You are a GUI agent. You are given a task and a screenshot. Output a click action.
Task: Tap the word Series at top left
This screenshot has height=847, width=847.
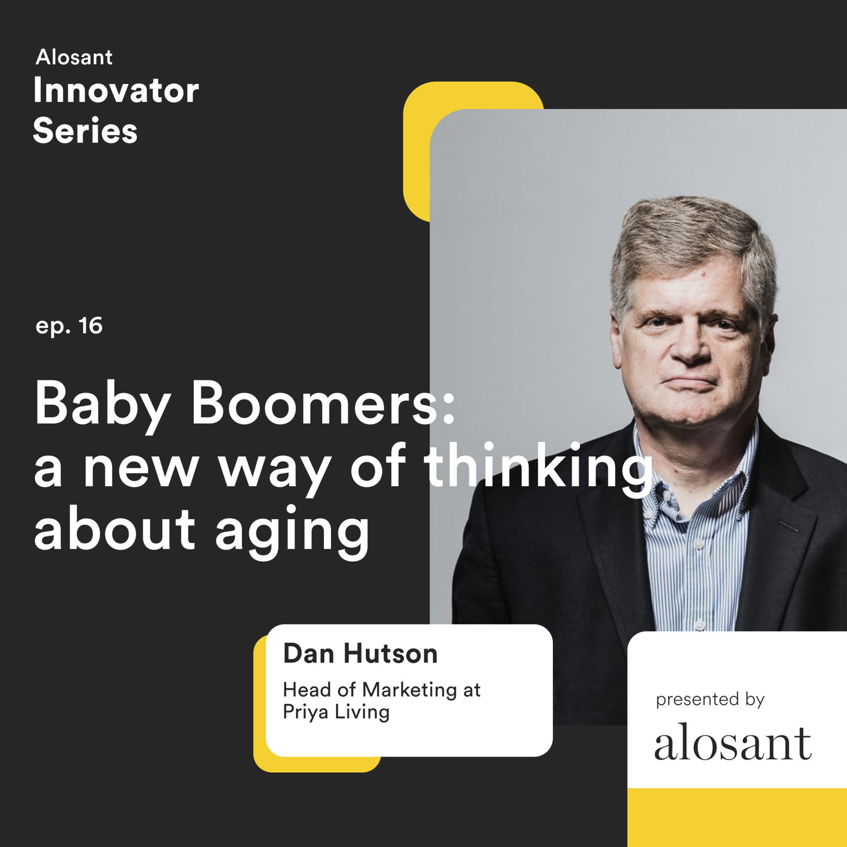tap(85, 130)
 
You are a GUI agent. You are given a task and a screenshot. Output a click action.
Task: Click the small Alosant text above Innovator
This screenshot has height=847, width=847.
tap(74, 57)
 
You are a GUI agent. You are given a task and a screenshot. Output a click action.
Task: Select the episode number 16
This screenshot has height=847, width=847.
tap(91, 326)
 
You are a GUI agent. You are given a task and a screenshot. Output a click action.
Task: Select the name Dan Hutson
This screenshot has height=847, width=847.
tap(361, 653)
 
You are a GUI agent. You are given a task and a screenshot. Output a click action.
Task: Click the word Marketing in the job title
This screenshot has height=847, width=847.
tap(409, 690)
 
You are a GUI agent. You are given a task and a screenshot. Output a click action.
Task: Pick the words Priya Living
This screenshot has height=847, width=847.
tap(336, 712)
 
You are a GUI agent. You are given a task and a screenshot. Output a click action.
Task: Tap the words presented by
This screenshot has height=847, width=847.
tap(710, 700)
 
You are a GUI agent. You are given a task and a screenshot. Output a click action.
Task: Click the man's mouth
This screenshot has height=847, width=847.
tap(687, 382)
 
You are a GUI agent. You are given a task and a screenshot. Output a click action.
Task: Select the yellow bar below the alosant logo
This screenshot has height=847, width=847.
tap(737, 817)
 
